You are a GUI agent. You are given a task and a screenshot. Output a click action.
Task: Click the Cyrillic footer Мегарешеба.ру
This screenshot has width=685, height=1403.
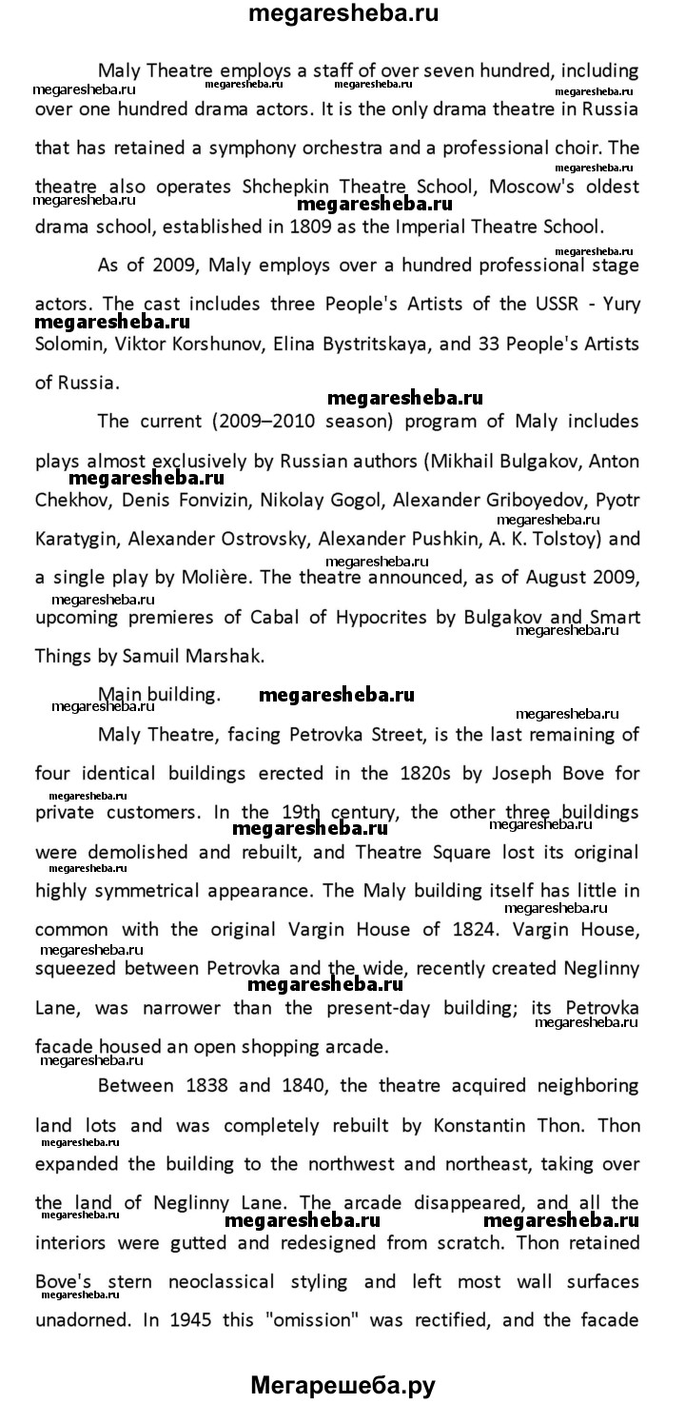click(342, 1385)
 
